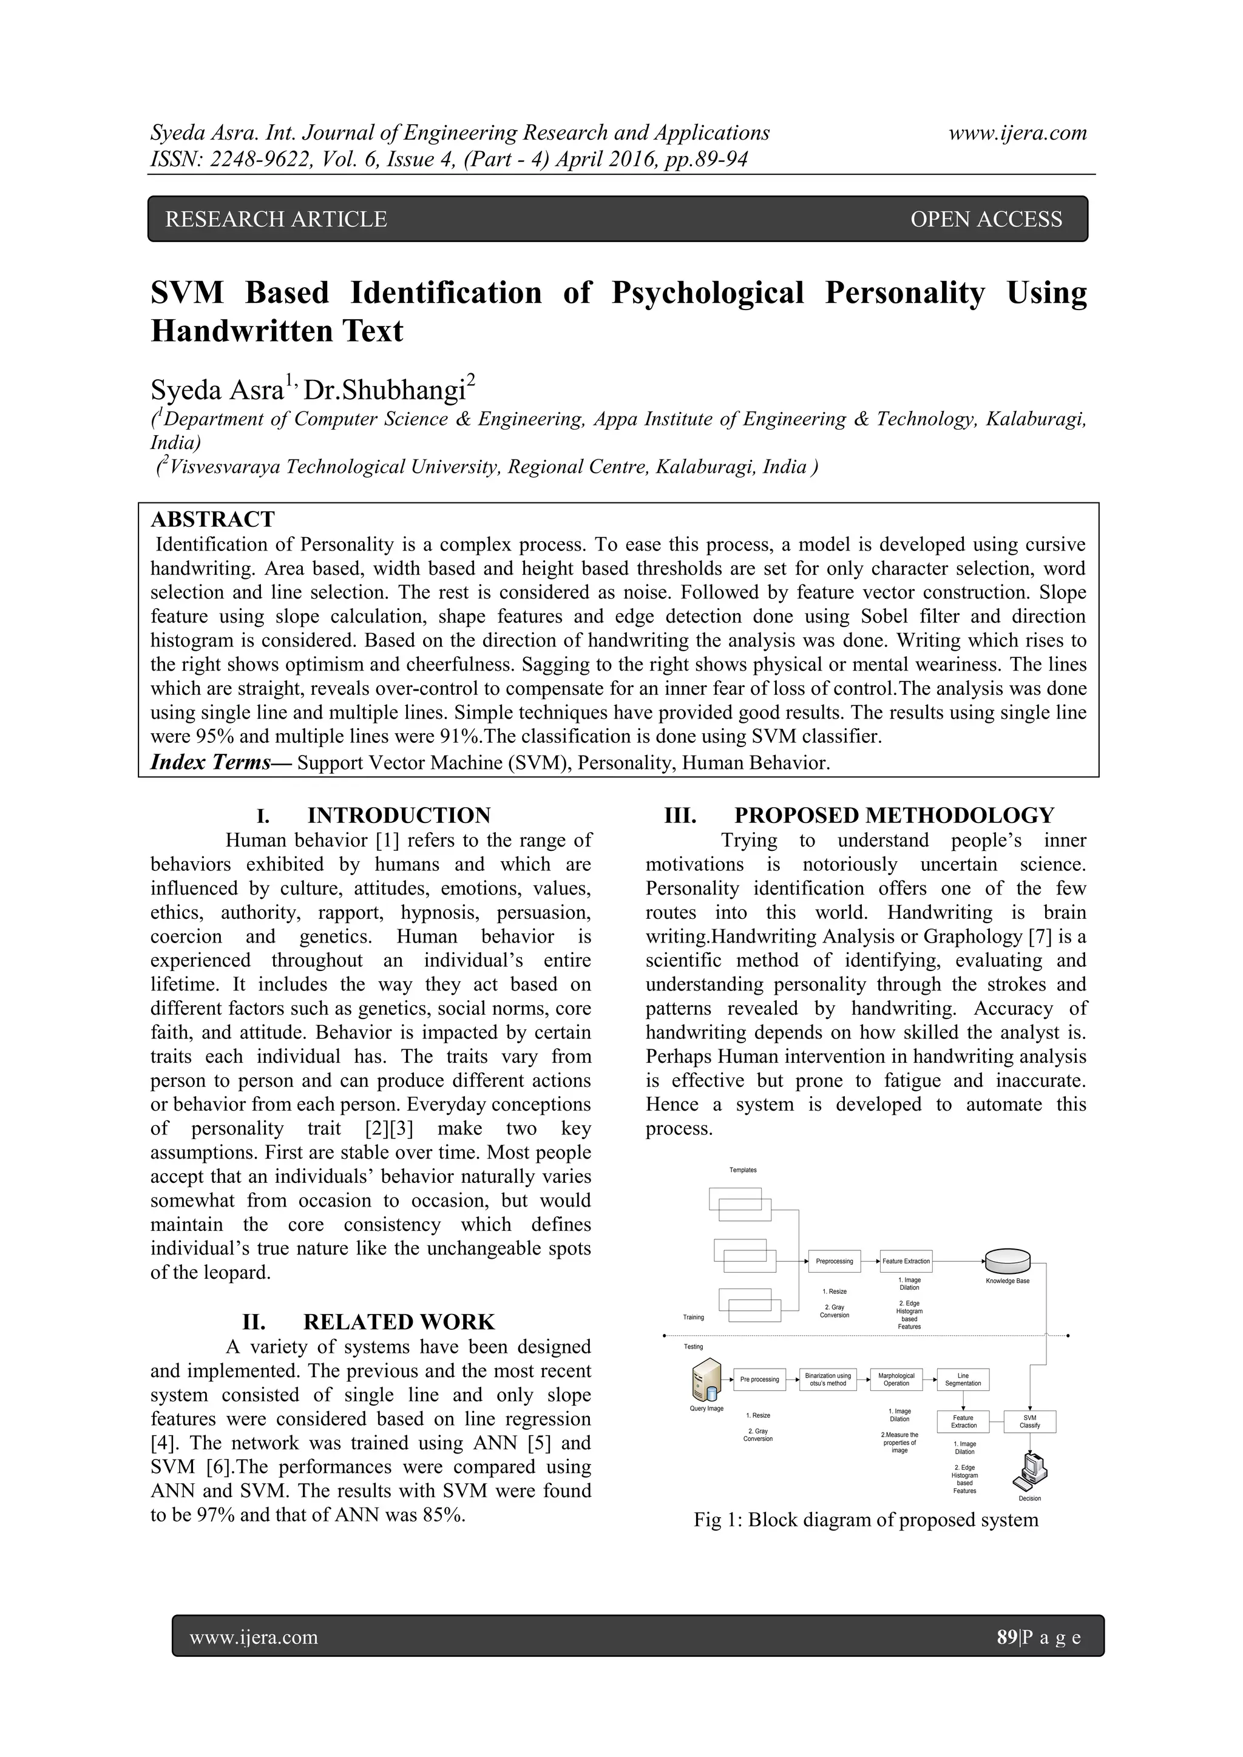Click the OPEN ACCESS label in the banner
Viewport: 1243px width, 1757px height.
tap(986, 220)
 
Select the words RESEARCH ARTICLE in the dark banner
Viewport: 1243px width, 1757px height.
tap(276, 220)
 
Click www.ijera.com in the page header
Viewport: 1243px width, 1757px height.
tap(1017, 132)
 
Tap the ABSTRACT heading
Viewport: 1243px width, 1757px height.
tap(213, 520)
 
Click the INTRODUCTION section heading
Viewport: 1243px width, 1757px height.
tap(398, 815)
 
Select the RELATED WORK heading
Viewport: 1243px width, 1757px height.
tap(398, 1322)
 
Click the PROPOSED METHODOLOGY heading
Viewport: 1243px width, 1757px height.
tap(893, 815)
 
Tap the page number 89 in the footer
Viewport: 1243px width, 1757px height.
tap(1006, 1637)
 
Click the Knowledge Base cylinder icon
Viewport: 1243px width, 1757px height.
tap(1008, 1259)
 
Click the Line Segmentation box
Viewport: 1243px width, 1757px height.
tap(963, 1380)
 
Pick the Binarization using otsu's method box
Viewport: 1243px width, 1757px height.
tap(827, 1380)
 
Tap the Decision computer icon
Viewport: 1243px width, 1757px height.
tap(1029, 1470)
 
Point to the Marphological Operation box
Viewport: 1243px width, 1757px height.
tap(896, 1380)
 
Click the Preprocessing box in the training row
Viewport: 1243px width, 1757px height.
tap(835, 1261)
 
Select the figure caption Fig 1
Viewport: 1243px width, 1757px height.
tap(865, 1520)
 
